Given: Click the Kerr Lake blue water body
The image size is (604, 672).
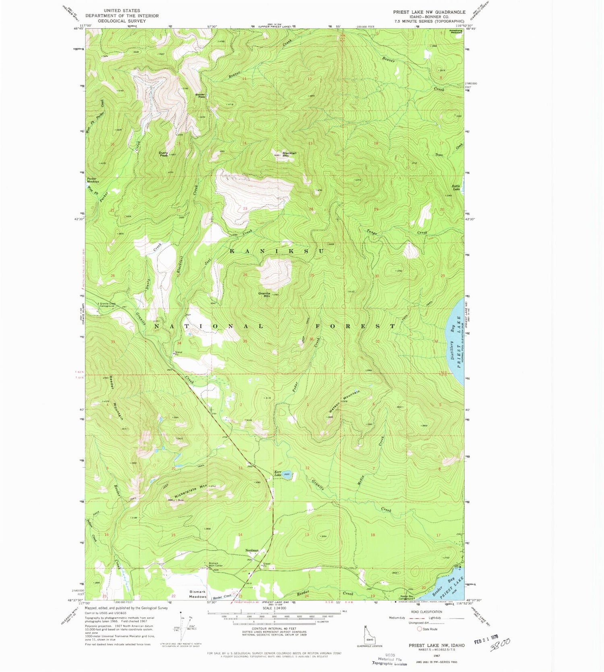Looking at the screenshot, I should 287,474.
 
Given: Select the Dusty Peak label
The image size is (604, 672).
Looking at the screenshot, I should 163,154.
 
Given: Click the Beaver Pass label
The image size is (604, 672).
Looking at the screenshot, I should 200,96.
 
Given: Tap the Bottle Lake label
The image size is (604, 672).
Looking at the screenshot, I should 455,187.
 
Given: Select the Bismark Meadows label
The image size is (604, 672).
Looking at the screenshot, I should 198,594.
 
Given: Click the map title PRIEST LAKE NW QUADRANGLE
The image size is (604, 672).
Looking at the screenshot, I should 429,12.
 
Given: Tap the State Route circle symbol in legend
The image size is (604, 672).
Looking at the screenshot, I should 419,629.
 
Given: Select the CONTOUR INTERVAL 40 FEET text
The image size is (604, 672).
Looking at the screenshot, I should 274,628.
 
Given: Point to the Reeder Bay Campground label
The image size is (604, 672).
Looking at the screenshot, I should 406,597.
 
